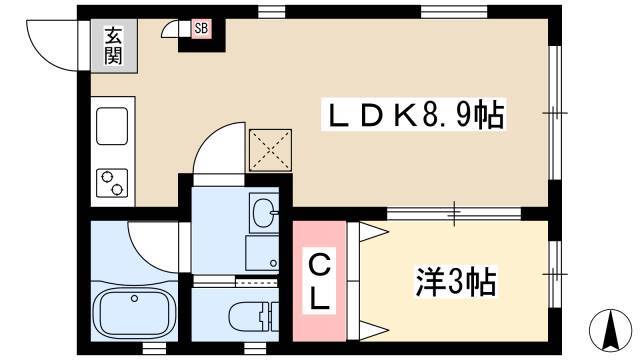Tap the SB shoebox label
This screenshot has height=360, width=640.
201,29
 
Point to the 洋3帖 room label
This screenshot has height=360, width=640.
456,282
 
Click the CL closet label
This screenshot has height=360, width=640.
317,281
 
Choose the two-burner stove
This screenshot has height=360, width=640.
112,182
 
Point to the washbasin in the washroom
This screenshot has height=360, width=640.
265,213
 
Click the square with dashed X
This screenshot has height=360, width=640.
267,151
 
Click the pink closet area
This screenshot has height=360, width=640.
319,281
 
